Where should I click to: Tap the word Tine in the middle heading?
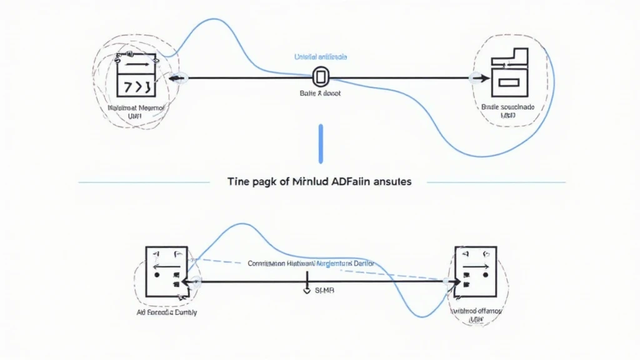(237, 182)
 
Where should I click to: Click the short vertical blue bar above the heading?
(320, 144)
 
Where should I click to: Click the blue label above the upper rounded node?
(321, 57)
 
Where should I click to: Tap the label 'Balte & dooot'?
(321, 93)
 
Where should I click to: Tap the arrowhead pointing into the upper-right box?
(481, 78)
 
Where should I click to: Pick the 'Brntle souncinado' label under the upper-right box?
(508, 107)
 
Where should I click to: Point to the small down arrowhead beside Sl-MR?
(307, 291)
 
